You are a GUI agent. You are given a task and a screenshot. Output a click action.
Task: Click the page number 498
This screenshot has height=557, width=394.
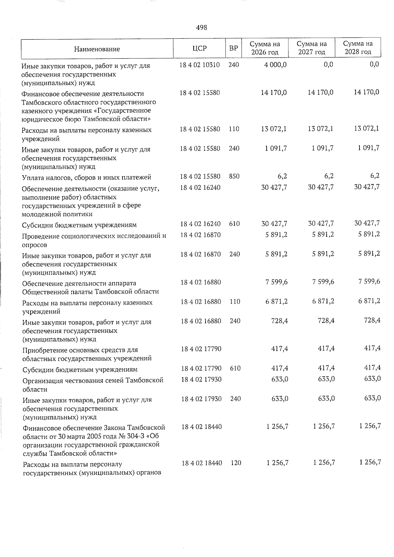[x=201, y=28]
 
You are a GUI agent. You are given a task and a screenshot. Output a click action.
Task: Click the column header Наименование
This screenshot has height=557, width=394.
[x=97, y=49]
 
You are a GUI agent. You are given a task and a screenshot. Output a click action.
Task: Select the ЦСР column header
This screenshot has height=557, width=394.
[x=200, y=48]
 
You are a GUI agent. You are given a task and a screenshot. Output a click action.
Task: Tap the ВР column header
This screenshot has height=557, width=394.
[x=233, y=48]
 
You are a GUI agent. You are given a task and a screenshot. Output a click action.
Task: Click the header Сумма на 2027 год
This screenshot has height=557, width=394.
[x=312, y=48]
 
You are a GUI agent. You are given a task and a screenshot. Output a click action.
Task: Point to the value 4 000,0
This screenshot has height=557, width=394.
[x=275, y=65]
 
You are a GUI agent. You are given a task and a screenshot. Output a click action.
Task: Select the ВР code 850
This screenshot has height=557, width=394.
[x=234, y=176]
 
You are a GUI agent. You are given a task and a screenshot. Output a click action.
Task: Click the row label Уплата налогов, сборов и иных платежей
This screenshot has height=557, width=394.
[x=86, y=178]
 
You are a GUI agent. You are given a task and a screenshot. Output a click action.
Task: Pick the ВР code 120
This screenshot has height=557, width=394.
[x=236, y=463]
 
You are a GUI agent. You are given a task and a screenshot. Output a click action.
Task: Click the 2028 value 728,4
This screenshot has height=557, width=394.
[x=372, y=320]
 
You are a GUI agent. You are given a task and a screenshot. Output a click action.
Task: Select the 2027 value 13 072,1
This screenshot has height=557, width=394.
[x=320, y=129]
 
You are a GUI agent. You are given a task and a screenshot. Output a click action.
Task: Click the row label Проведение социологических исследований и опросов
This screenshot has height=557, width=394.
[x=94, y=240]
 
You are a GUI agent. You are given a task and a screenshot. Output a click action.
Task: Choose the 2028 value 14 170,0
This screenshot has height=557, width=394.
[x=366, y=92]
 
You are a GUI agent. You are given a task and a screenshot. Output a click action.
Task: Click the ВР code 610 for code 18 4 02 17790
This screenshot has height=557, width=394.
[x=235, y=368]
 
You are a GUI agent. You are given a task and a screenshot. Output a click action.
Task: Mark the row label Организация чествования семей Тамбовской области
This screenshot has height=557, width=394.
[x=93, y=385]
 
